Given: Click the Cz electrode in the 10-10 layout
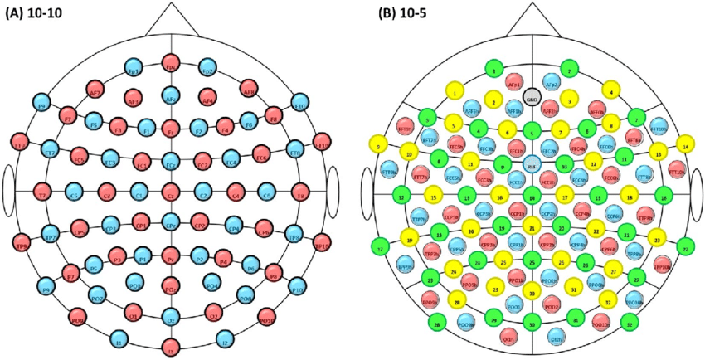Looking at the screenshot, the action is pos(170,196).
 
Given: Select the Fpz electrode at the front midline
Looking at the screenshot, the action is pos(170,64).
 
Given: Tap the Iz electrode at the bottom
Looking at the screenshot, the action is pos(170,346).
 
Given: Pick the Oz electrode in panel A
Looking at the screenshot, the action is pos(170,319).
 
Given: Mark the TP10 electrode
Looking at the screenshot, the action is pos(322,243).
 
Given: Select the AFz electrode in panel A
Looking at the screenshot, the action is pos(170,96).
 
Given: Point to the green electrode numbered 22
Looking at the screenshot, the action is pos(686,247).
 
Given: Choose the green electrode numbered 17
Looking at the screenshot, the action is pos(381,247).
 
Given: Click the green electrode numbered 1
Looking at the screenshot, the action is pos(494,71).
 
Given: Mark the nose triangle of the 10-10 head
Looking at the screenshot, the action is pos(171,22).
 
